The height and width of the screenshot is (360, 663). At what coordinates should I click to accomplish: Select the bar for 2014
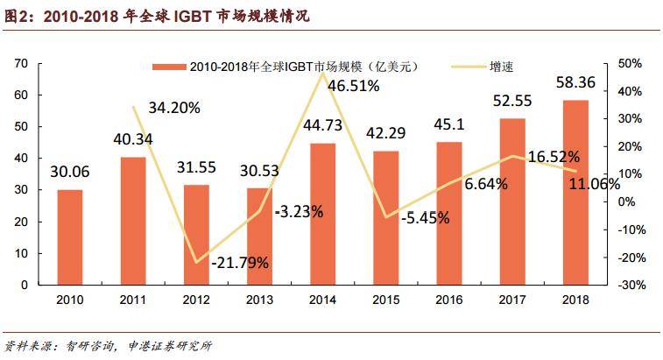[322, 214]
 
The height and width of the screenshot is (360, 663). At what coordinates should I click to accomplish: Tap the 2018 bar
[575, 193]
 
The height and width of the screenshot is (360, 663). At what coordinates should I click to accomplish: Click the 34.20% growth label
[174, 108]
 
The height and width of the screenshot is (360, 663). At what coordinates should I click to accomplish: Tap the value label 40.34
[133, 138]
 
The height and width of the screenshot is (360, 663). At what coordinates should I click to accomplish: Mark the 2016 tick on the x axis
[448, 300]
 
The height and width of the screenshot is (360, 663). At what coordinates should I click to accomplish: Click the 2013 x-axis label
[259, 300]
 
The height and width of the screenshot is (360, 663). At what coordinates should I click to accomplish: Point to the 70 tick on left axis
[21, 64]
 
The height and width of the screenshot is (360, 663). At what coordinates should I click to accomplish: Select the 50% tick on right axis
[630, 64]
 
